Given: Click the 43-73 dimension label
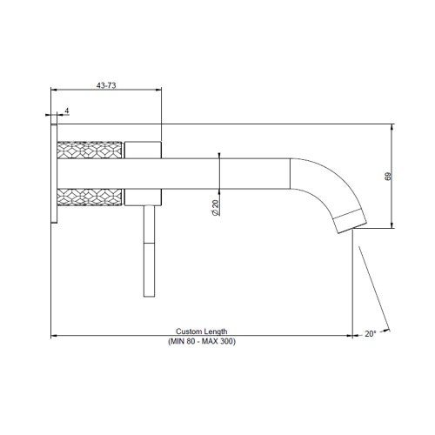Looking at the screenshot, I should [107, 84].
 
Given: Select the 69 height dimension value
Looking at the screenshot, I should [388, 177].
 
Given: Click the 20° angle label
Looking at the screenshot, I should [370, 333].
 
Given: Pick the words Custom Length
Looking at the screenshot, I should [202, 331].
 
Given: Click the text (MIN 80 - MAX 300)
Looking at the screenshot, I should [202, 341].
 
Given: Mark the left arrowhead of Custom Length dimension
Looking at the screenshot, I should [55, 336].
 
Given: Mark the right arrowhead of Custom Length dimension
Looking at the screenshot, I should [350, 336].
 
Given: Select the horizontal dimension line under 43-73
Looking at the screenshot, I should [107, 90].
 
